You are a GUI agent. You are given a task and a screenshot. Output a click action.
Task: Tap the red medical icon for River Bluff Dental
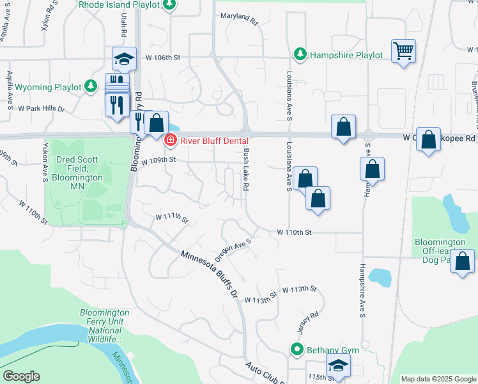[170, 140]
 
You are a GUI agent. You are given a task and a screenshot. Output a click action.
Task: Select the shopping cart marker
[404, 51]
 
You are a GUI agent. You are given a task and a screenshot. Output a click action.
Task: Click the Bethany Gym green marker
[297, 350]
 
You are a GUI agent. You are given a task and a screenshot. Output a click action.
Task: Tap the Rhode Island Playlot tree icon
[169, 5]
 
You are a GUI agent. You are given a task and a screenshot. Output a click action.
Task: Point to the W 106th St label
[163, 58]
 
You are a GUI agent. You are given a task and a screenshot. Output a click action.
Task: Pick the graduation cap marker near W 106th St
[124, 59]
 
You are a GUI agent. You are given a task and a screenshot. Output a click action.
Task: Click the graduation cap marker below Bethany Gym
[338, 367]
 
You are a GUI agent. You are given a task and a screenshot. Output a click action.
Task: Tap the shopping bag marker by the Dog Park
[462, 261]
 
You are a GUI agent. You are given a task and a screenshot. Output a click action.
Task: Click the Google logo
[21, 376]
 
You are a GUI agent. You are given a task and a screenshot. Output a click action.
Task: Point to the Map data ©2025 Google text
[438, 379]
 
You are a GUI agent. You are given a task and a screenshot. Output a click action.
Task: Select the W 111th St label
[172, 219]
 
